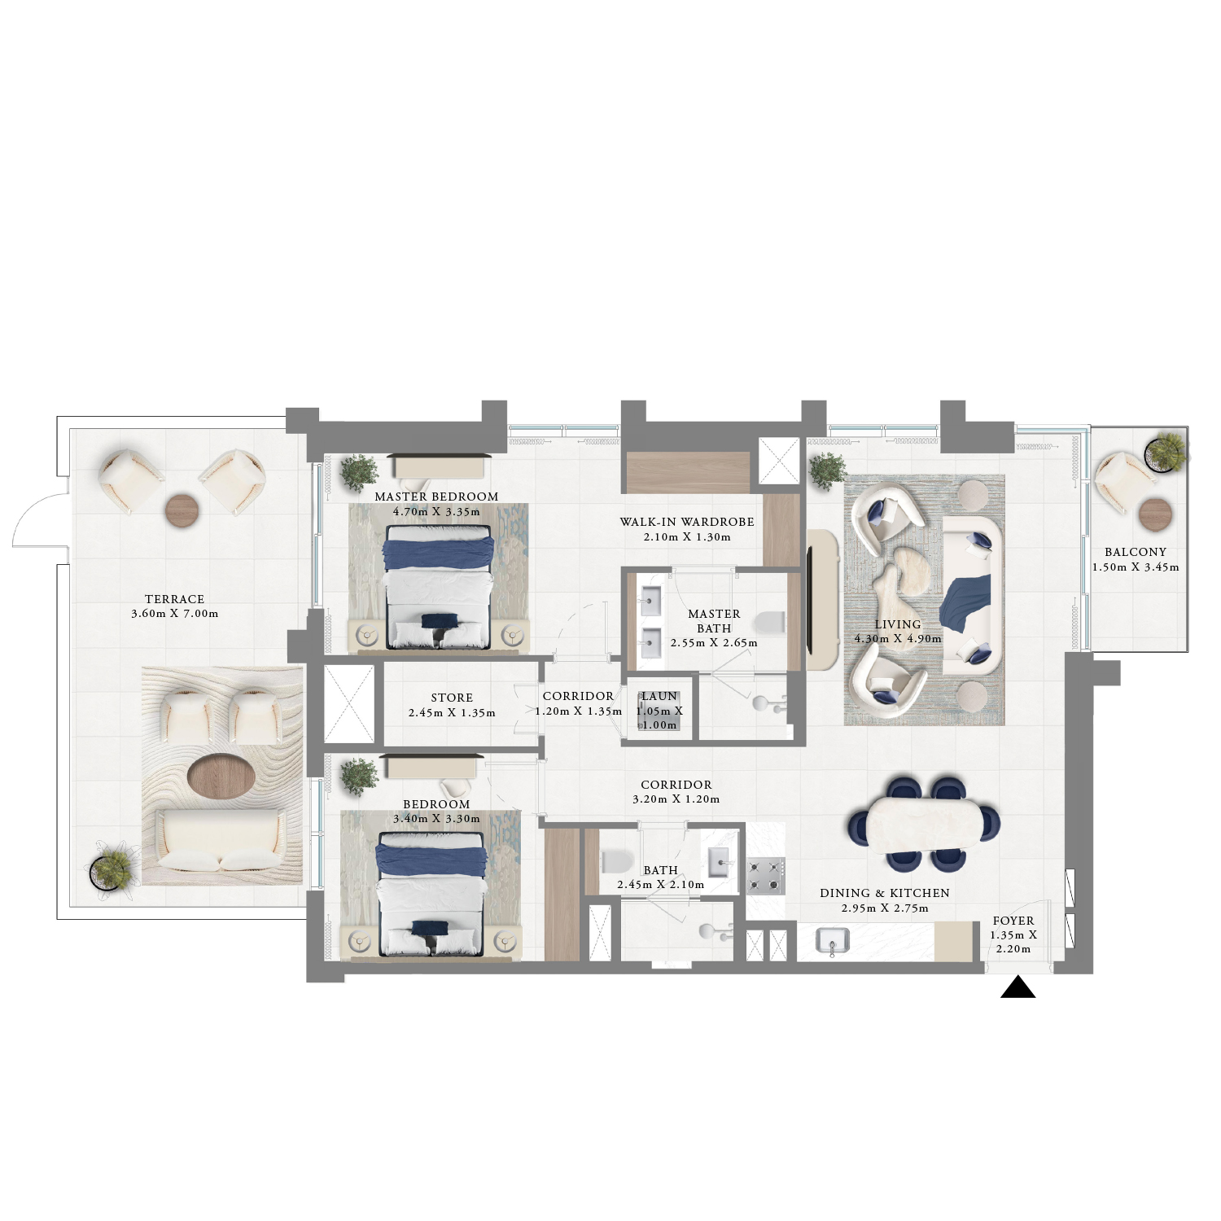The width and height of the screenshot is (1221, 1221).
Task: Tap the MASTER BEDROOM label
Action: tap(436, 497)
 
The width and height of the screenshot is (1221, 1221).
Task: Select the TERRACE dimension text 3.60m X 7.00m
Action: tap(175, 614)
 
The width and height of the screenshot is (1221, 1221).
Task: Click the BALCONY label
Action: tap(1136, 552)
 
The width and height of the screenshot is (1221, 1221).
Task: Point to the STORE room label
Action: tap(452, 698)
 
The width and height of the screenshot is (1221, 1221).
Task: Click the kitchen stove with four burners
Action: tap(765, 876)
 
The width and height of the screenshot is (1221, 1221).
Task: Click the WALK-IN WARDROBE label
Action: tap(687, 522)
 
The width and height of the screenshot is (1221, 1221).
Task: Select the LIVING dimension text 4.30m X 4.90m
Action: tap(898, 639)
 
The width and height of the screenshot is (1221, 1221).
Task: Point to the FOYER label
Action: tap(1013, 921)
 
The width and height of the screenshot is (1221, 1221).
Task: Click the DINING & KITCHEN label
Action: tap(885, 893)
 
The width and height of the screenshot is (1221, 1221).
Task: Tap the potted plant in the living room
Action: tap(827, 470)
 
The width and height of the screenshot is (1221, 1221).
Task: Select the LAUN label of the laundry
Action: tap(659, 696)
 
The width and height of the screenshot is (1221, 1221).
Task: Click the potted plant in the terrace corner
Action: tap(111, 871)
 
